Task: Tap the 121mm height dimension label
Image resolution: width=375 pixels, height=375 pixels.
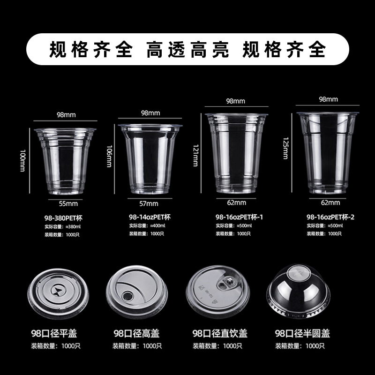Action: pyautogui.click(x=195, y=155)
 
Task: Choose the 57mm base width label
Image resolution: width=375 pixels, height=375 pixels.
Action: pyautogui.click(x=149, y=204)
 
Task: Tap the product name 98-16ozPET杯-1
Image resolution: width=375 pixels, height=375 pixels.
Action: pyautogui.click(x=239, y=217)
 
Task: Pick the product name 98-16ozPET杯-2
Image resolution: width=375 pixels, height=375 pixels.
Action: pyautogui.click(x=330, y=217)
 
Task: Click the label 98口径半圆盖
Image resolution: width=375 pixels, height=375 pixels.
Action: pyautogui.click(x=302, y=334)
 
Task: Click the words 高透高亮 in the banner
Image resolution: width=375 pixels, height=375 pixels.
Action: pyautogui.click(x=187, y=49)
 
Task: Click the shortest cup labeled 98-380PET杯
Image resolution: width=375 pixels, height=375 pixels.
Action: pyautogui.click(x=65, y=160)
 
